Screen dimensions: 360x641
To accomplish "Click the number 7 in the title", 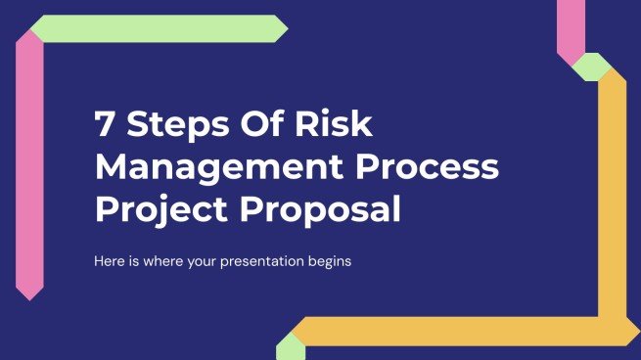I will coord(103,126).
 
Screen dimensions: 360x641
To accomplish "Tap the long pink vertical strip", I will coord(29,166).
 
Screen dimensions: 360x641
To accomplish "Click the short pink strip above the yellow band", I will coord(571,24).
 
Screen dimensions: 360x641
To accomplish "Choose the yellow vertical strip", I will coord(613,196).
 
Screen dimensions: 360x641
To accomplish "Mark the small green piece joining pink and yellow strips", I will coord(591,66).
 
